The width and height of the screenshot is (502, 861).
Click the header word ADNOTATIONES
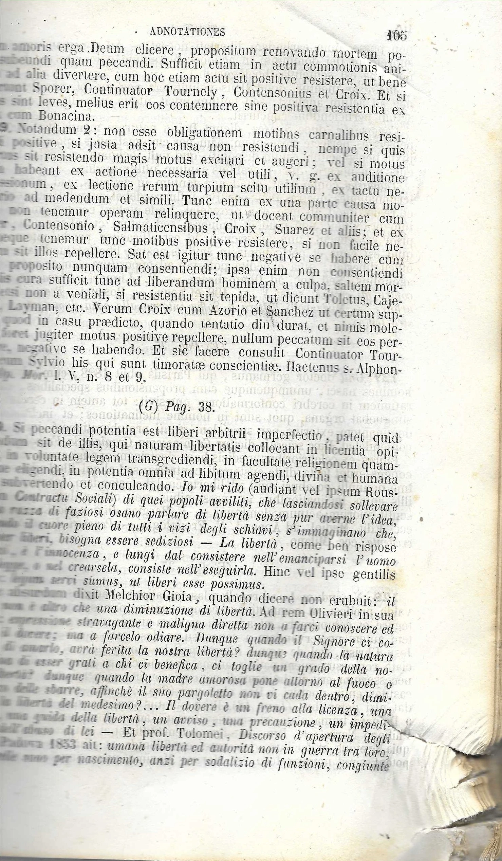187,32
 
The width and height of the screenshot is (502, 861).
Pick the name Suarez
294,230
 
